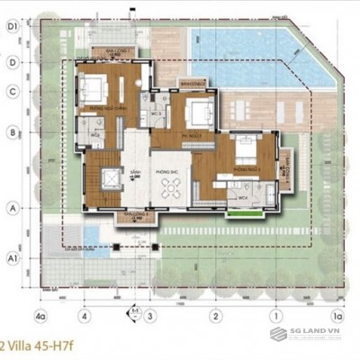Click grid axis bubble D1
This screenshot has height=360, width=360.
click(13, 26)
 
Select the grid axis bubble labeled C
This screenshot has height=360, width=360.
click(13, 92)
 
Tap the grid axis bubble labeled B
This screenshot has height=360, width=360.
click(13, 132)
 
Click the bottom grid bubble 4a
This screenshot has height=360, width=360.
click(40, 316)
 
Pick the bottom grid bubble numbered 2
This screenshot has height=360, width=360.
click(216, 316)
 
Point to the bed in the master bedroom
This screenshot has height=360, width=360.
click(94, 90)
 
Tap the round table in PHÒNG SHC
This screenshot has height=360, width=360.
click(171, 187)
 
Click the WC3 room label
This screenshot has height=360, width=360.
click(156, 115)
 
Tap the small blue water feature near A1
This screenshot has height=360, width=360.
click(92, 235)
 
